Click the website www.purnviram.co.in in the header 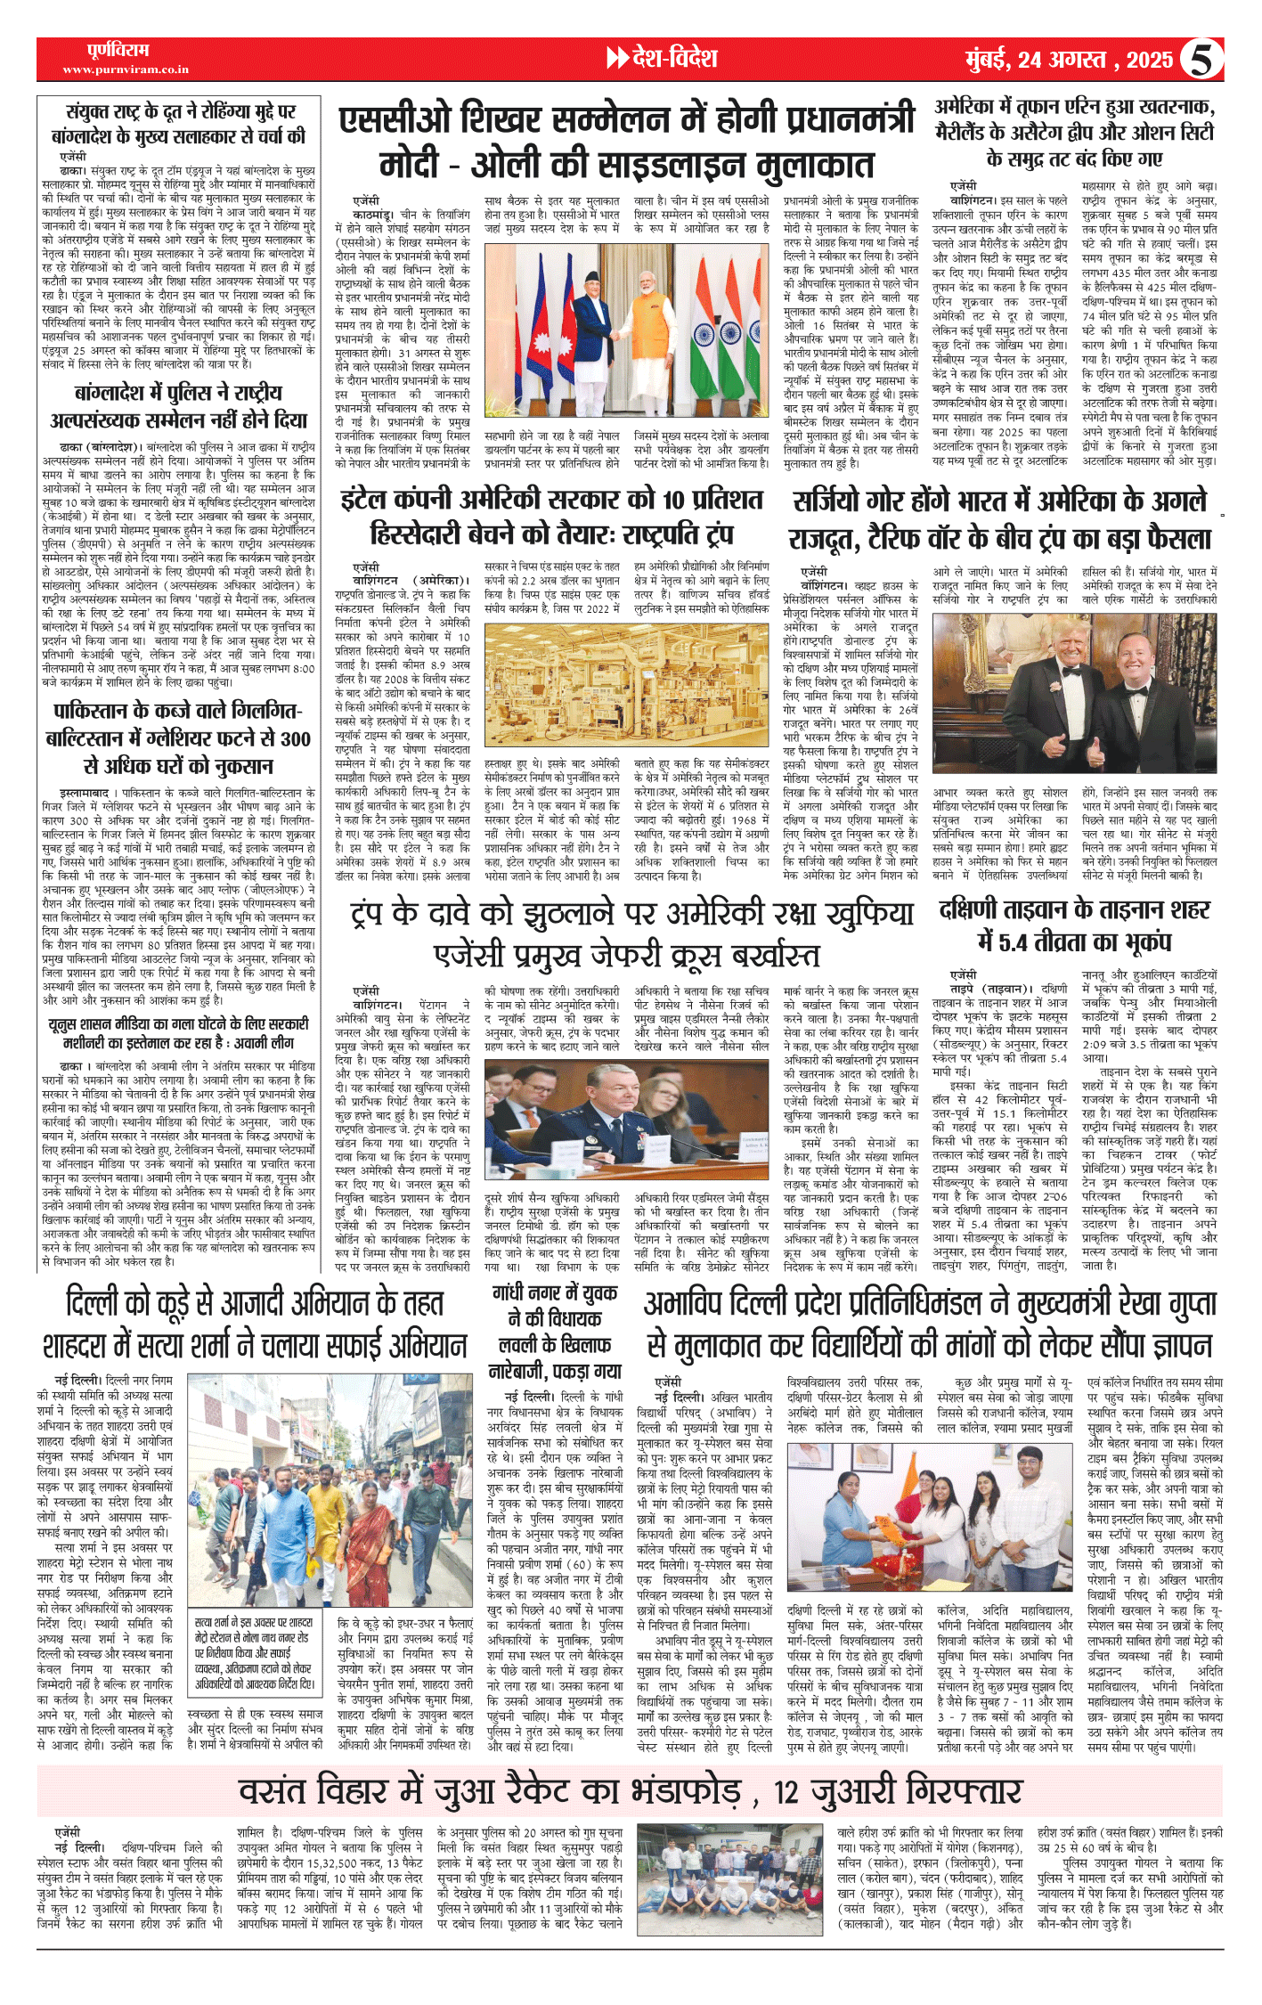[x=126, y=69]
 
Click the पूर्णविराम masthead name [x=118, y=50]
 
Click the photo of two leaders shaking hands [x=631, y=333]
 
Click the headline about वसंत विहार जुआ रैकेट [x=630, y=1790]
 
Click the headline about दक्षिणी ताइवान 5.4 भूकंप [x=1075, y=925]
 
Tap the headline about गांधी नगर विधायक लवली [x=554, y=1332]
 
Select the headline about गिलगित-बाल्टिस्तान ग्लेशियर [x=177, y=738]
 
